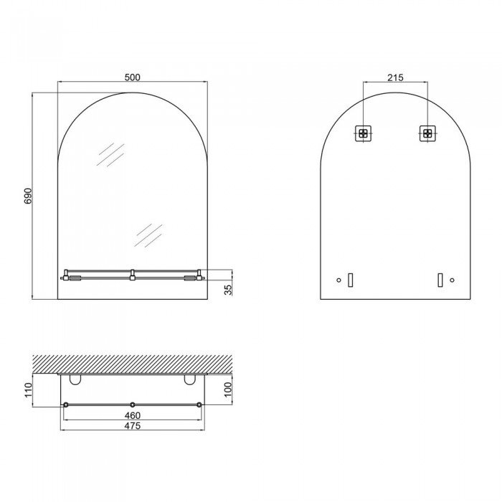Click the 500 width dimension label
click(132, 77)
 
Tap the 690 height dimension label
click(28, 196)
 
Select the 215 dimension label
click(395, 77)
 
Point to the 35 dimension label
click(228, 290)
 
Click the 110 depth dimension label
click(29, 390)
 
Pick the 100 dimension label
click(228, 389)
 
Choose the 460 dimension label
click(133, 415)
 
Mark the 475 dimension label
click(133, 425)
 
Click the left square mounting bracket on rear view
click(363, 133)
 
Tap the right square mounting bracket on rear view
click(427, 133)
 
